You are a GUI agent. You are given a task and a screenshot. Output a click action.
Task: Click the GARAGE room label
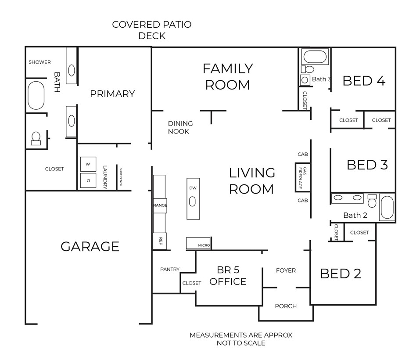(x=90, y=246)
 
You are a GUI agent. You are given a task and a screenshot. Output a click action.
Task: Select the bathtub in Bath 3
(x=315, y=57)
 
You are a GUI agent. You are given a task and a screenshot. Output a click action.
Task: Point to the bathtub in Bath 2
(x=387, y=208)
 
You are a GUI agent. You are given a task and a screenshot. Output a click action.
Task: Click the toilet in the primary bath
(x=36, y=138)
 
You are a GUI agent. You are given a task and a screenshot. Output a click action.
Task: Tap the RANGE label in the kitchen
(x=159, y=205)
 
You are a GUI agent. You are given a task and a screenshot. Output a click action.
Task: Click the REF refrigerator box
(x=160, y=240)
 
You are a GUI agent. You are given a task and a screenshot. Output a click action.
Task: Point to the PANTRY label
(x=170, y=269)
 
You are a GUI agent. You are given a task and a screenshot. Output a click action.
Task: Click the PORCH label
(x=286, y=306)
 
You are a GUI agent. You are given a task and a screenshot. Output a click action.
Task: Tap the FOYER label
(x=286, y=270)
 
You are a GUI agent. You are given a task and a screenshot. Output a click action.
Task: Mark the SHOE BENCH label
(x=119, y=178)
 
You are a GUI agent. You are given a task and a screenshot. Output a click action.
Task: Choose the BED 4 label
(x=364, y=81)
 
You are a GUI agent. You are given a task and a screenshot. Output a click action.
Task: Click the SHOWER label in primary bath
(x=40, y=62)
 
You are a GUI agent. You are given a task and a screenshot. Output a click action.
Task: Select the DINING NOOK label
(x=180, y=127)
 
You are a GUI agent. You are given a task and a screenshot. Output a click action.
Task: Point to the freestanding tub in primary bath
(x=36, y=95)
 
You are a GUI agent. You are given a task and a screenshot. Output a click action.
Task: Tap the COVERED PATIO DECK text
(x=152, y=30)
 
